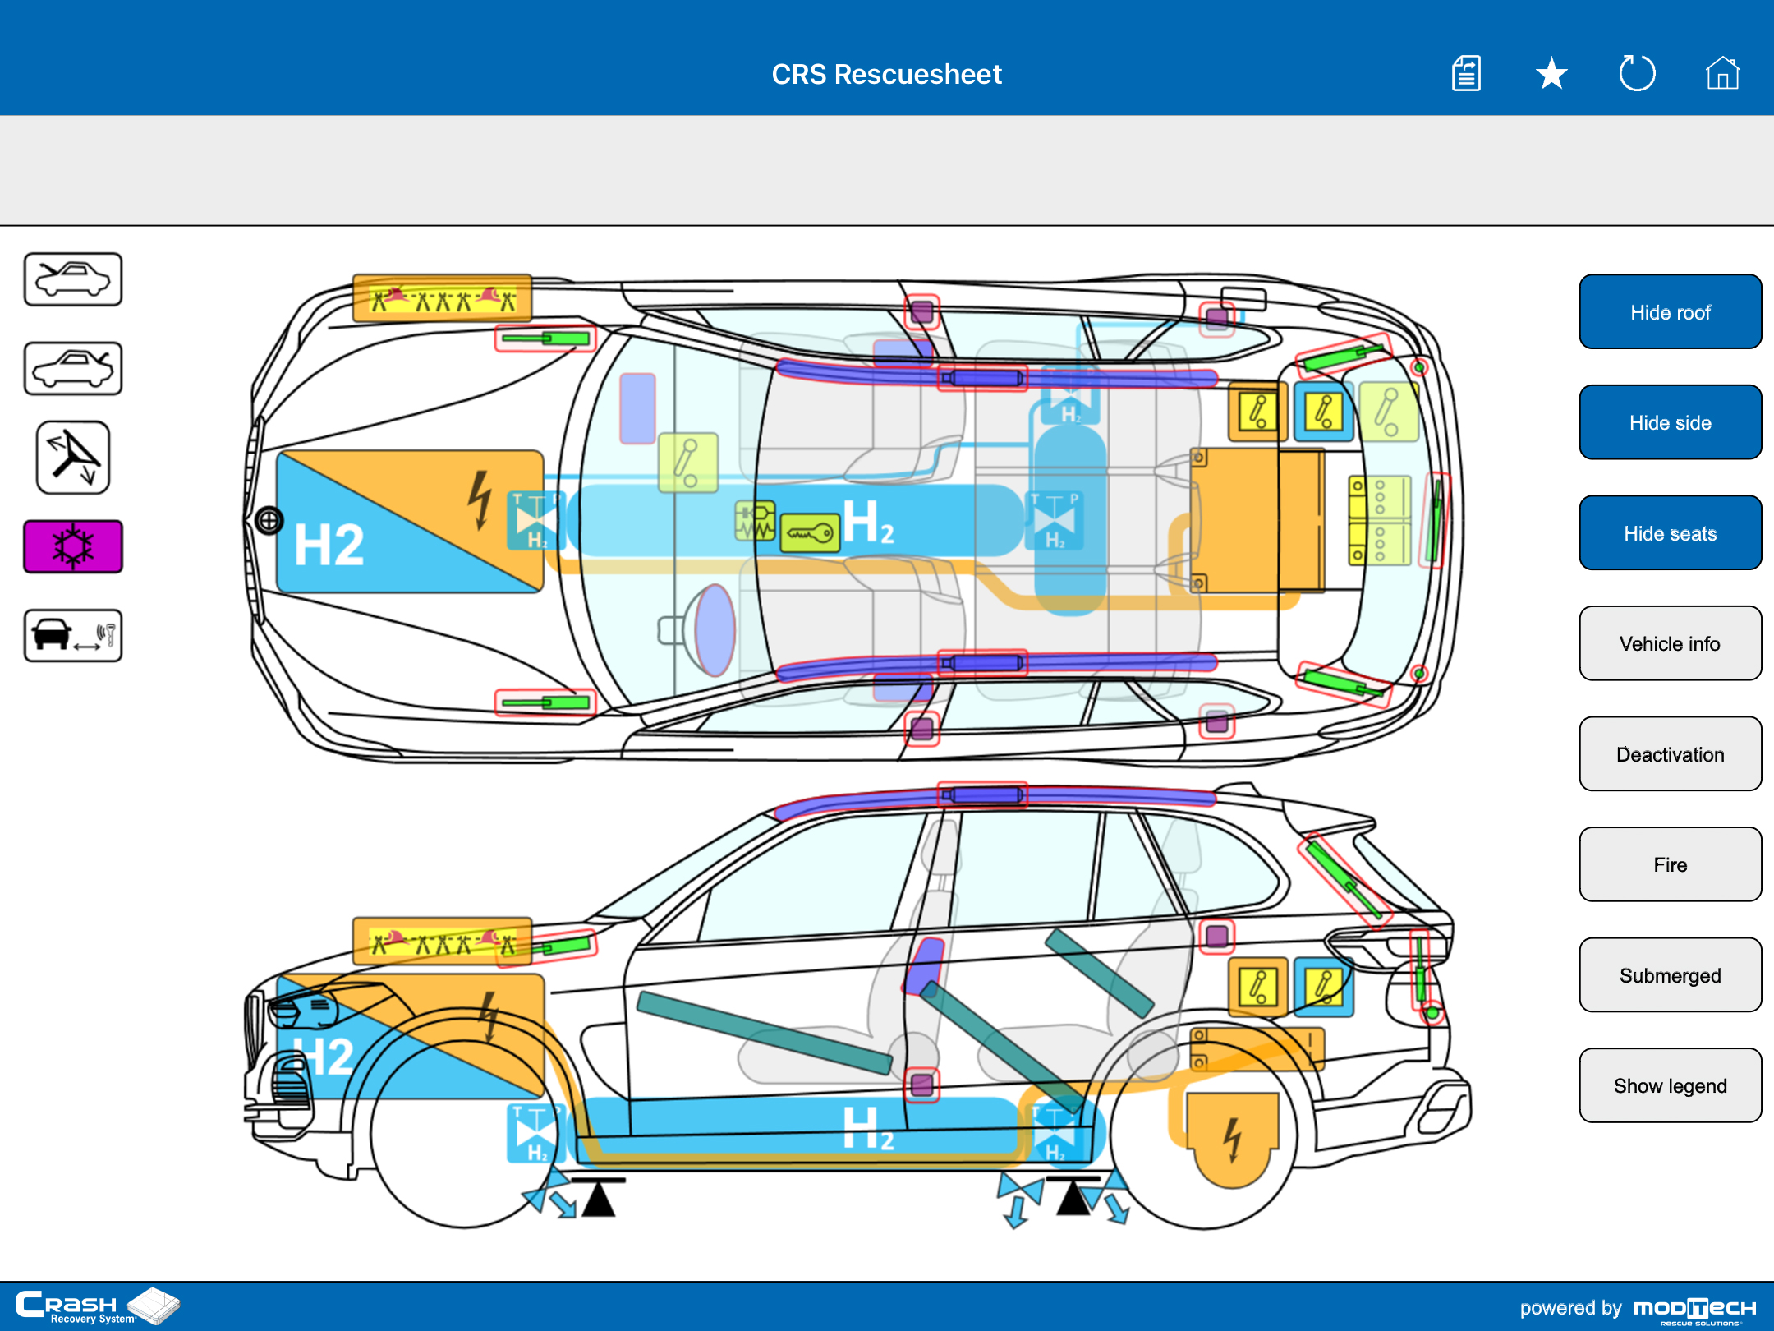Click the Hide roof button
(1670, 312)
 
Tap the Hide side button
(1670, 422)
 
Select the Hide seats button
(1670, 533)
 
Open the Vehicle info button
(1670, 643)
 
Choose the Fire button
(1670, 864)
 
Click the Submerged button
(1670, 975)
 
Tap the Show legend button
(1670, 1085)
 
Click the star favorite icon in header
(1551, 74)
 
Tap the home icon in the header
(1722, 74)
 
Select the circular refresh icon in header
(1637, 74)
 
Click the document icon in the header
(1466, 74)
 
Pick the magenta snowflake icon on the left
(73, 546)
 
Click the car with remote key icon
(73, 635)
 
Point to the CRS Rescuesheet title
(886, 74)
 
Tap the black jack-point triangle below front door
(599, 1200)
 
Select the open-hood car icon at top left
(73, 279)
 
